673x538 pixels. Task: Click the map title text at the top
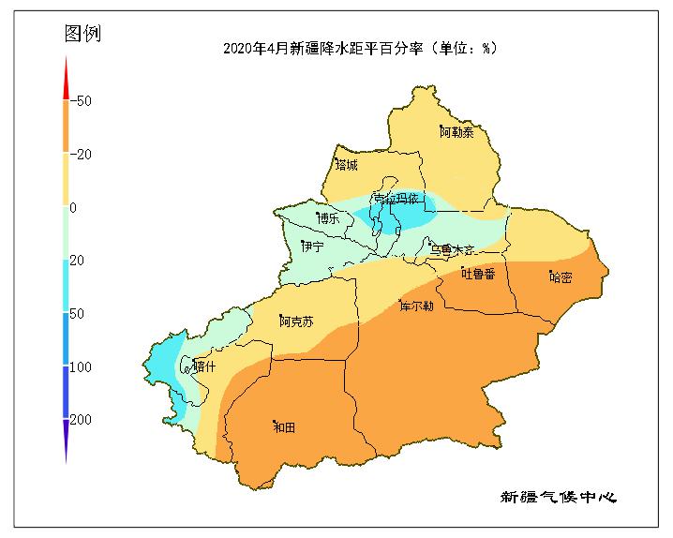[360, 49]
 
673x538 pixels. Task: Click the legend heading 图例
[82, 34]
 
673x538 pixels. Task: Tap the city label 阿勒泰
[456, 132]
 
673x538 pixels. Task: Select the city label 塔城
[346, 165]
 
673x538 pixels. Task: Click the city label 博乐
[329, 217]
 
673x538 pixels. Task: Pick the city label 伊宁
[312, 247]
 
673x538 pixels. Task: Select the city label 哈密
[561, 276]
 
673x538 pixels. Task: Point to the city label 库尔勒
[416, 306]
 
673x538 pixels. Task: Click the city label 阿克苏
[296, 321]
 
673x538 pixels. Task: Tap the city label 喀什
[203, 366]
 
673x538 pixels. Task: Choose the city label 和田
[283, 426]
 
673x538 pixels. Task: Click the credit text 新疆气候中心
[559, 496]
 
